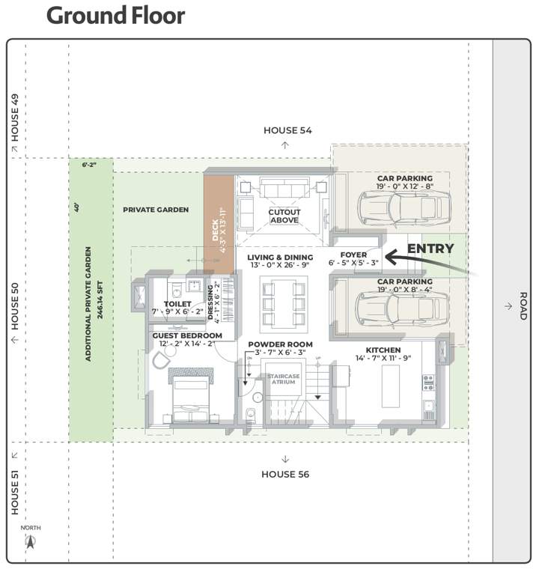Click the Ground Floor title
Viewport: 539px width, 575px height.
coord(115,16)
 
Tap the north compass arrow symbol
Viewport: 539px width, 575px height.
coord(31,541)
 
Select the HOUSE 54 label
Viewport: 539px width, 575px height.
coord(287,130)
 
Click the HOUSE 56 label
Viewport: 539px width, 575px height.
coord(285,474)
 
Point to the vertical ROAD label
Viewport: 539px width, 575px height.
coord(523,305)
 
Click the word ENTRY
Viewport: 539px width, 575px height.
coord(430,249)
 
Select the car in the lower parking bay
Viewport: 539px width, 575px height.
coord(402,307)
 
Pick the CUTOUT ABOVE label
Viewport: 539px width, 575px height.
coord(284,216)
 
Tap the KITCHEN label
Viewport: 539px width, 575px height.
coord(383,350)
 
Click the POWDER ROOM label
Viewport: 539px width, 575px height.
coord(280,344)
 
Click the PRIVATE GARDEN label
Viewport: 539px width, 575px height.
coord(156,210)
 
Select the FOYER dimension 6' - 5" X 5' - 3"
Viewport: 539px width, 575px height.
coord(353,263)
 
